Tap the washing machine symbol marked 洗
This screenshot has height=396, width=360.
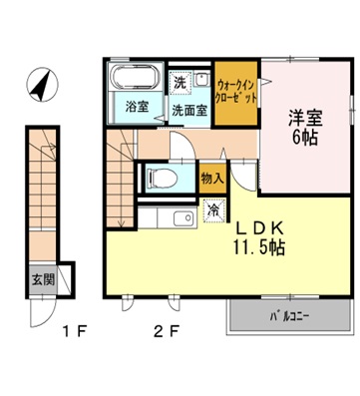click(180, 81)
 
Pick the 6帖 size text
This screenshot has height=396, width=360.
click(304, 138)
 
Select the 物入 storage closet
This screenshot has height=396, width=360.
click(211, 178)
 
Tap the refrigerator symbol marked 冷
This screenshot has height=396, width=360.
click(212, 210)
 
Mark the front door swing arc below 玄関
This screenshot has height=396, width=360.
click(42, 312)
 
